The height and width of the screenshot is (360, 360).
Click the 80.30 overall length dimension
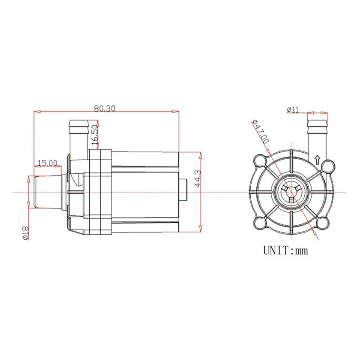click(104, 109)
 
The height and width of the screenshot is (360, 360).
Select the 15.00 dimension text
click(47, 162)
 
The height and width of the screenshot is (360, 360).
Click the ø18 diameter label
click(25, 232)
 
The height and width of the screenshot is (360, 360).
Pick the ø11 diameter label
click(292, 110)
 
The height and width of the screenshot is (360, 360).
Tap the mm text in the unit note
click(301, 251)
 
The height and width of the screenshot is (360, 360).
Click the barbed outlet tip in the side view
click(78, 124)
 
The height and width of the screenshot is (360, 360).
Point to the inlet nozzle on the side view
click(47, 192)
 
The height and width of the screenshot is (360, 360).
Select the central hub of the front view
click(291, 192)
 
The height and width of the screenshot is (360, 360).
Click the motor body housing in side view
click(144, 192)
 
